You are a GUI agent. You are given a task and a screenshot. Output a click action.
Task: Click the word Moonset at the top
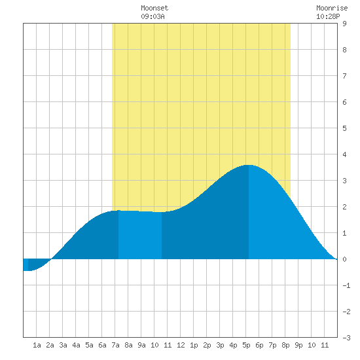154,8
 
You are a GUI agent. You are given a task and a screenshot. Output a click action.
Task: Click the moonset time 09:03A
153,16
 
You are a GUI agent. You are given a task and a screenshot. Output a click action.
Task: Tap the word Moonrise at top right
332,8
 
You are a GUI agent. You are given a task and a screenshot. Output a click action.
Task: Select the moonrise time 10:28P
328,16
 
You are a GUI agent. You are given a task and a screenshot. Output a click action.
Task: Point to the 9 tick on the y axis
344,24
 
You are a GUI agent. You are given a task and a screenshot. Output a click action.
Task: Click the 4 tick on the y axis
344,154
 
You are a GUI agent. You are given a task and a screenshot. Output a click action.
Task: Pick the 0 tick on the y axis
344,259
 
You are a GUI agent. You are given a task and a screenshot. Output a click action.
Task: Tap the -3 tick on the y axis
346,338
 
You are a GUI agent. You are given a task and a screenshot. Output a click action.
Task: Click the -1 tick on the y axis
346,285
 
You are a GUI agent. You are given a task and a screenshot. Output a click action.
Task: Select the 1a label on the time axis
37,345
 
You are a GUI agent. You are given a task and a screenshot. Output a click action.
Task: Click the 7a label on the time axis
115,345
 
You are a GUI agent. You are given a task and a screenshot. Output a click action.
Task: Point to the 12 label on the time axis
181,345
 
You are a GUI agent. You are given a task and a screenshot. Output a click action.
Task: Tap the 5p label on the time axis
246,345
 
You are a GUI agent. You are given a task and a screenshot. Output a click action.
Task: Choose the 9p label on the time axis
298,345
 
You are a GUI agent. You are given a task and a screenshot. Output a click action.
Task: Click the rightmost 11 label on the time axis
325,345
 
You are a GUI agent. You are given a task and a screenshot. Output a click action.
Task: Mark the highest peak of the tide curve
249,165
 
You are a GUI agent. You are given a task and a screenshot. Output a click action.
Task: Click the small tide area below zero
35,264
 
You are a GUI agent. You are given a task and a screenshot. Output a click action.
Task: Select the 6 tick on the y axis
344,102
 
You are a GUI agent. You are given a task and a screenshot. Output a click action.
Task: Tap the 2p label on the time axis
207,345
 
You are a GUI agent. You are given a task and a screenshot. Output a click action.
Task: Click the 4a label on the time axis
76,345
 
